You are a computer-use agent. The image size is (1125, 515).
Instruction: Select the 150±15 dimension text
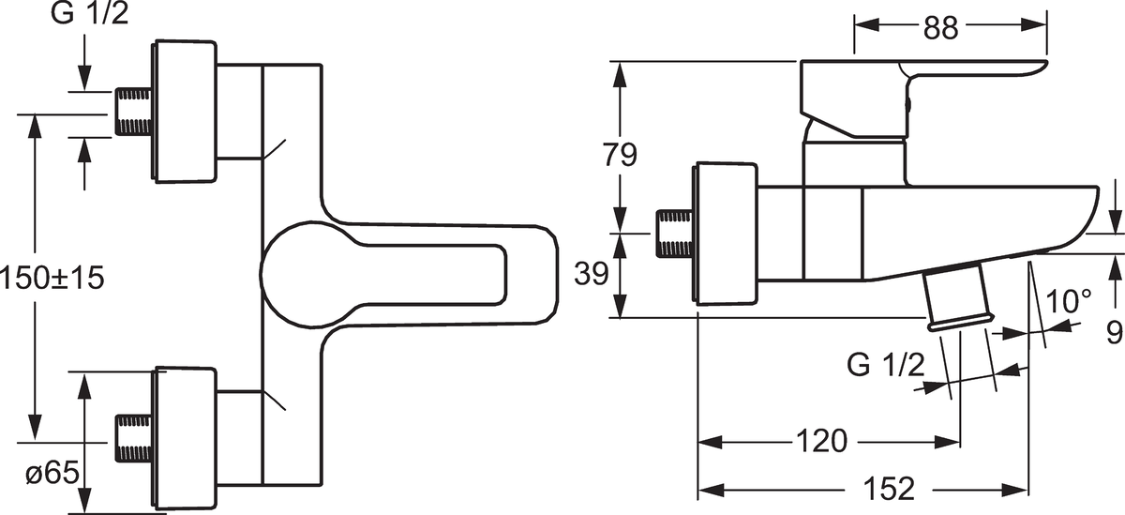[x=52, y=278]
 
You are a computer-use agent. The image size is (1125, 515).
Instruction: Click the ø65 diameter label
[x=51, y=475]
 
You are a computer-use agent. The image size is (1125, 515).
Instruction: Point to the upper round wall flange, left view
[x=185, y=112]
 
